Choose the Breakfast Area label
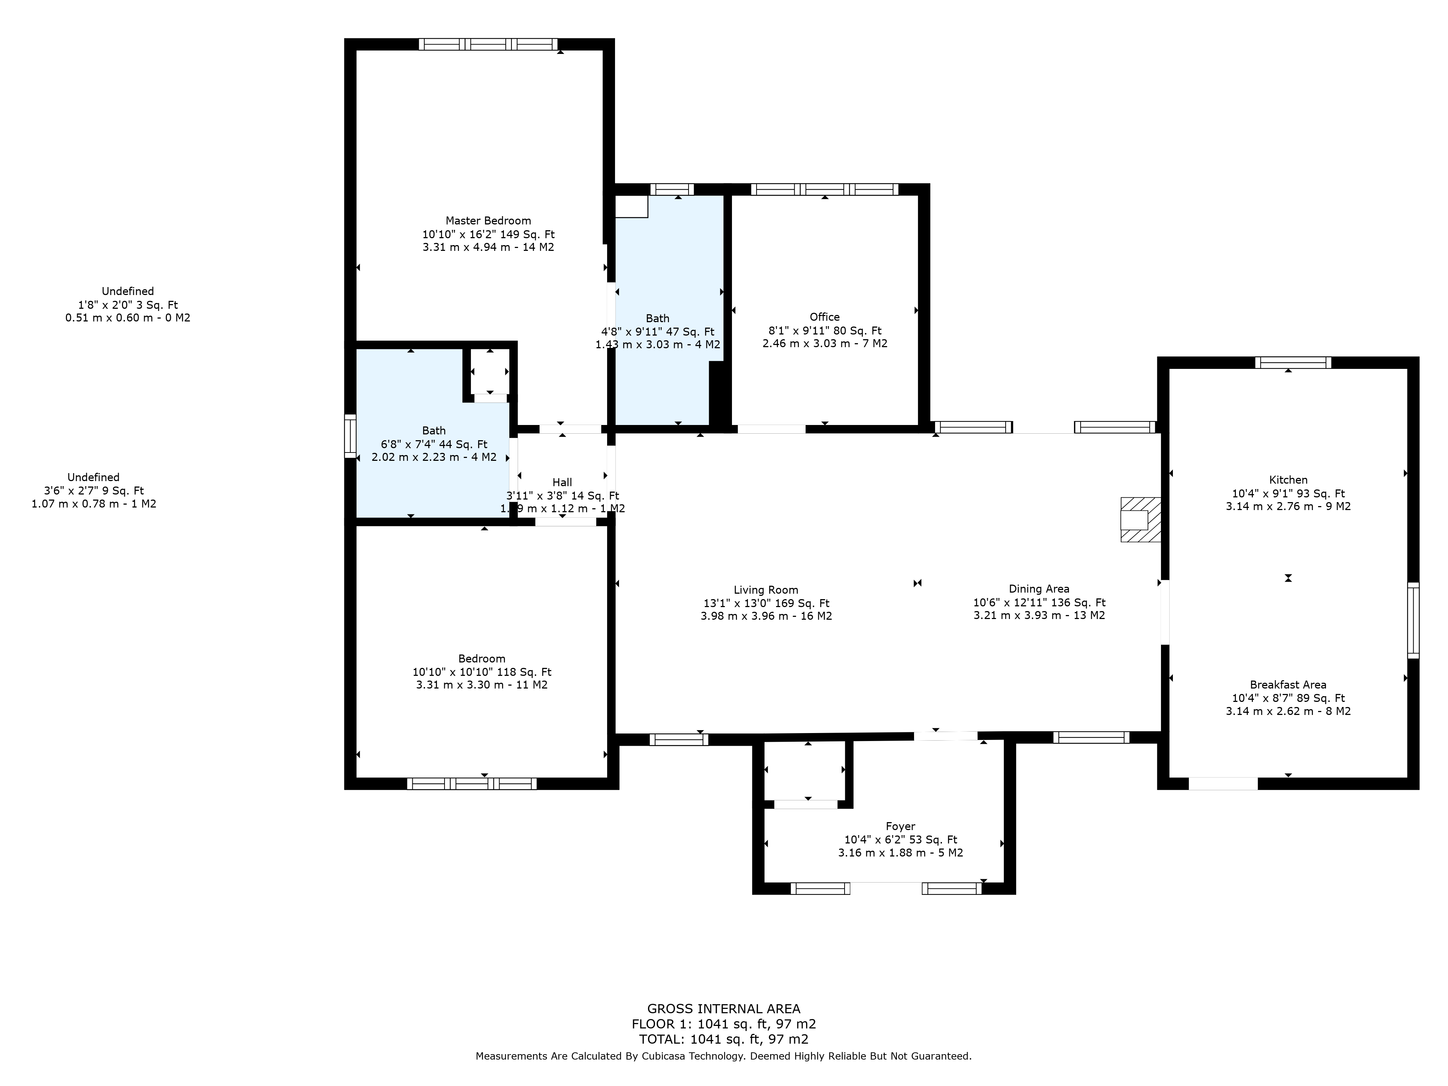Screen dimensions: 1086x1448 click(x=1288, y=685)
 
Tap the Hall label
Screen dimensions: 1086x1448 click(x=562, y=483)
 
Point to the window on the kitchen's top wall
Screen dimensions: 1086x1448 click(x=1292, y=363)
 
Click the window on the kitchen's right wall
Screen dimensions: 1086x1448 click(x=1413, y=620)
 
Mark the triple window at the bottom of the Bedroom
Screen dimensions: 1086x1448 click(x=471, y=784)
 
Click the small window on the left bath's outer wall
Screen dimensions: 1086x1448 click(x=350, y=436)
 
